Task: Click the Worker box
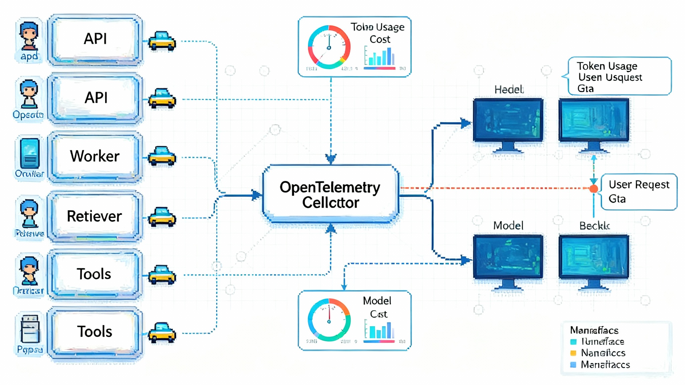point(95,156)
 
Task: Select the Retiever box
point(95,216)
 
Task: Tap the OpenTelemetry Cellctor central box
point(330,195)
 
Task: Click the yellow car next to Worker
point(162,156)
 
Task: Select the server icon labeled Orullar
point(30,154)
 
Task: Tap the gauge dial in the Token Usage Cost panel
point(329,47)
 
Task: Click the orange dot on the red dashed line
point(594,189)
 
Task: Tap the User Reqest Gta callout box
point(639,192)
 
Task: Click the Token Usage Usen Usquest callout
point(619,76)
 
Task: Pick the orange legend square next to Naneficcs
point(573,353)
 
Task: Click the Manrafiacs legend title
point(594,330)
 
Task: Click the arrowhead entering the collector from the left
point(257,195)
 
